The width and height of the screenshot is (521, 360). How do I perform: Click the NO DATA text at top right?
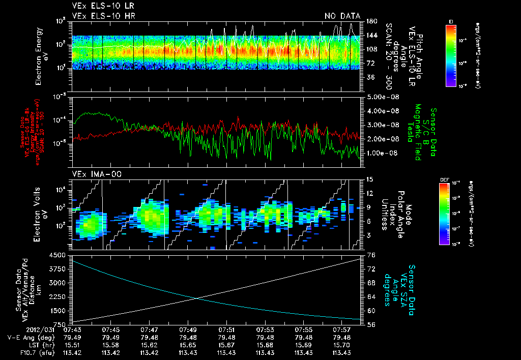coord(342,16)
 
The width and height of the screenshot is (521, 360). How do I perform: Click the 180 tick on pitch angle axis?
coord(370,21)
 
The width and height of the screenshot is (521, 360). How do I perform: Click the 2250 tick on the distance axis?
coord(61,296)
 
